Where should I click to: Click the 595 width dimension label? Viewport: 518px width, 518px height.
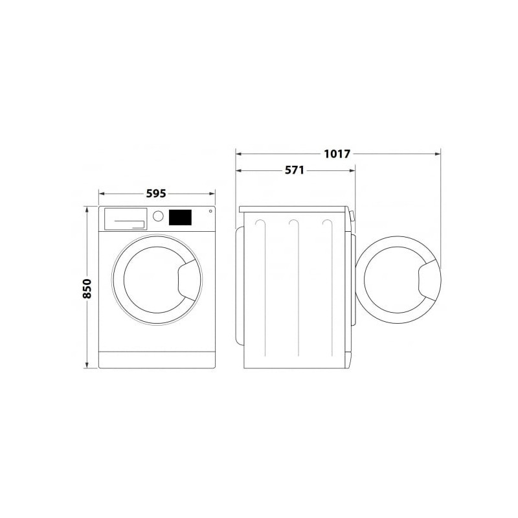click(156, 194)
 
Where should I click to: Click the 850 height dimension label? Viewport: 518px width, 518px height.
click(87, 289)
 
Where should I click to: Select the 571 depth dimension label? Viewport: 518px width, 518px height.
click(295, 170)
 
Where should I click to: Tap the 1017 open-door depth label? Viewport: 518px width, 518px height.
click(337, 153)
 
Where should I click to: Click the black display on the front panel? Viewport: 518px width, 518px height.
click(181, 218)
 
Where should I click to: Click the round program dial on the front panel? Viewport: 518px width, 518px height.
click(158, 216)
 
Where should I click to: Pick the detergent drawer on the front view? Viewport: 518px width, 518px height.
click(126, 219)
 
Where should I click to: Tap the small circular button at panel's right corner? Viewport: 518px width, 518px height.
click(210, 211)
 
